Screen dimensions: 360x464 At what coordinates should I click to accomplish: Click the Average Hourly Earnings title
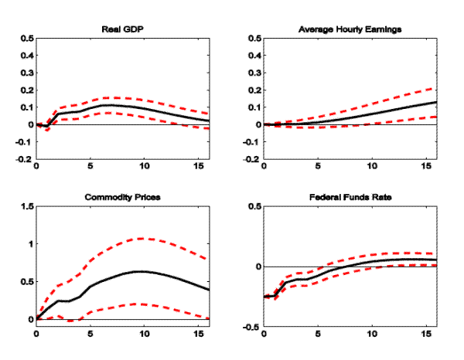pyautogui.click(x=350, y=29)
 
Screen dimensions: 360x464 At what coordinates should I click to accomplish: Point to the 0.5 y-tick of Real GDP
pyautogui.click(x=26, y=37)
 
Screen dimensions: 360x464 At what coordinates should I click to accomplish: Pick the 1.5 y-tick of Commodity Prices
pyautogui.click(x=26, y=206)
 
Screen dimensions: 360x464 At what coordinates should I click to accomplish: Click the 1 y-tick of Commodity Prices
pyautogui.click(x=29, y=244)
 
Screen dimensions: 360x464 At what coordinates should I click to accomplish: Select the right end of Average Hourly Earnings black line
pyautogui.click(x=437, y=102)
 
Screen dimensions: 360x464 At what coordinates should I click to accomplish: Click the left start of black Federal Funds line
pyautogui.click(x=264, y=297)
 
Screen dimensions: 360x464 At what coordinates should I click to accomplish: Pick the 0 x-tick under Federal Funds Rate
pyautogui.click(x=264, y=335)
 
